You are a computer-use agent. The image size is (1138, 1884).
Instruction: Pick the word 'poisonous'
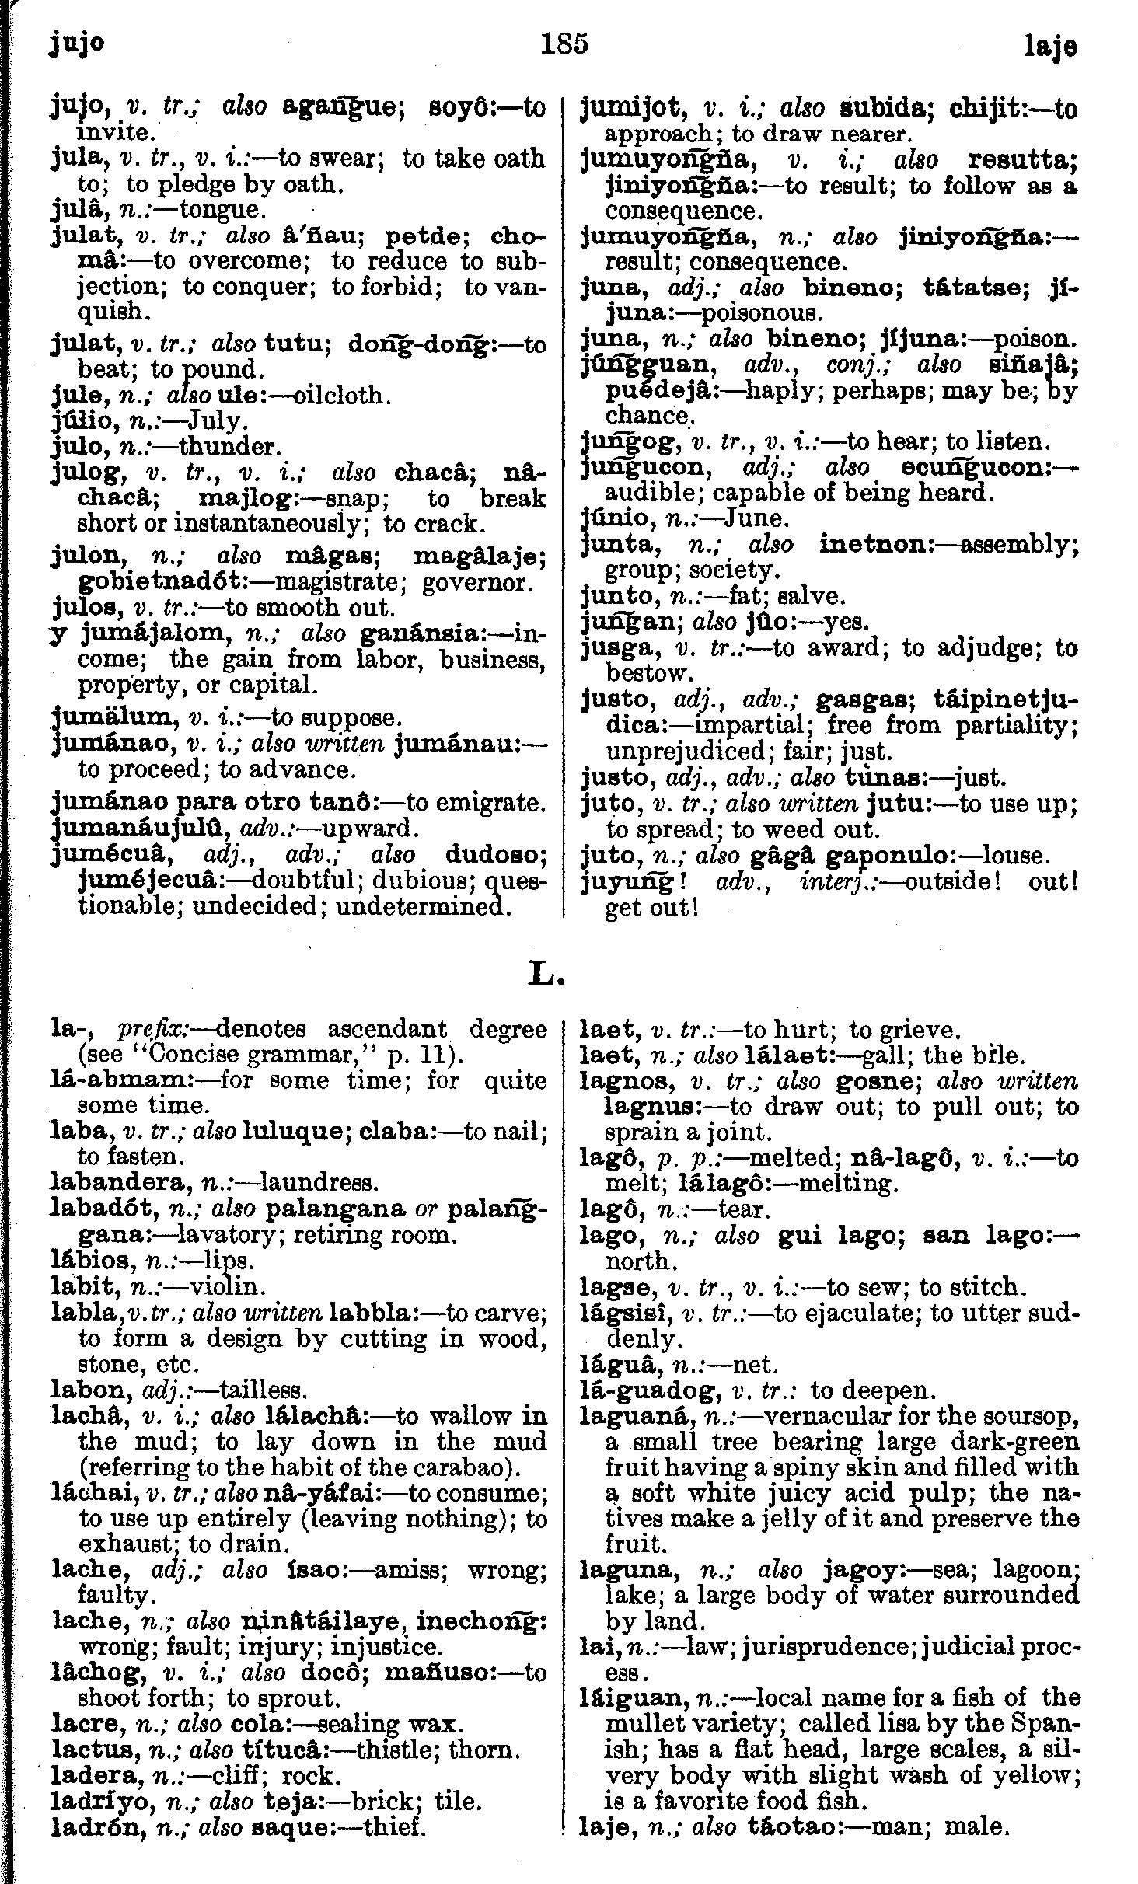point(761,313)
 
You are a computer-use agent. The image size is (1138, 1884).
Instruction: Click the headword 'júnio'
point(613,518)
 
